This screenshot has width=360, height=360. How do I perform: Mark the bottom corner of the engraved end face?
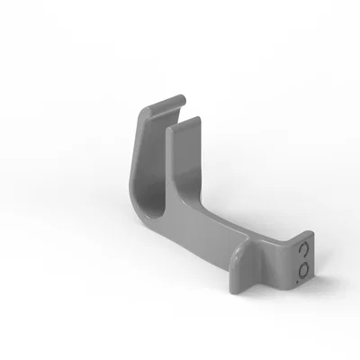tap(297, 288)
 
